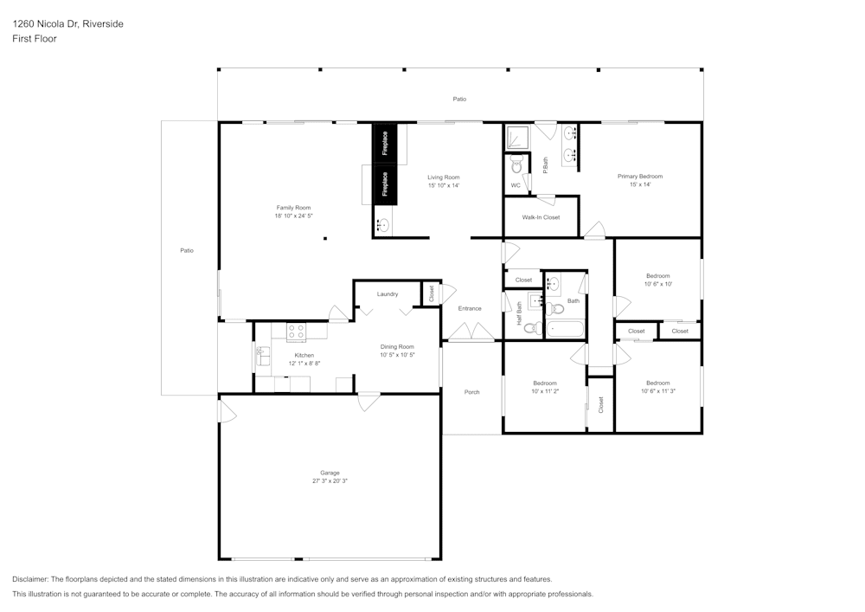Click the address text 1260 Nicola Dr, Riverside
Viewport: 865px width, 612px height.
click(67, 24)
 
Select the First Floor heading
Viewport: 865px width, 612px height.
click(35, 39)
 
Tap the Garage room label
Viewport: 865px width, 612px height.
click(330, 473)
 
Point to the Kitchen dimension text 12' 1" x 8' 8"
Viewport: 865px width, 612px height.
click(304, 364)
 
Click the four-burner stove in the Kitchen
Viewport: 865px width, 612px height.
click(296, 332)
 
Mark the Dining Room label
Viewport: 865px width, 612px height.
click(397, 346)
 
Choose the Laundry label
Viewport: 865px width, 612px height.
click(387, 294)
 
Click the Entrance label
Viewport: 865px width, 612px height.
click(470, 308)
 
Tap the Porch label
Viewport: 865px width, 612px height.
click(471, 392)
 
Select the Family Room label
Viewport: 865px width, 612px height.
click(293, 208)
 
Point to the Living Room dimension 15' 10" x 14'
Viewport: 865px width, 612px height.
click(443, 185)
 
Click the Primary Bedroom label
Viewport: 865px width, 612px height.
click(639, 177)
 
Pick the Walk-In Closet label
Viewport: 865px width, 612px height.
click(541, 217)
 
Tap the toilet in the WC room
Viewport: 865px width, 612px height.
click(516, 165)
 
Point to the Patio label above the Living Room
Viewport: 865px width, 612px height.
click(459, 100)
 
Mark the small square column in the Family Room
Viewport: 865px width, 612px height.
click(325, 238)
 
